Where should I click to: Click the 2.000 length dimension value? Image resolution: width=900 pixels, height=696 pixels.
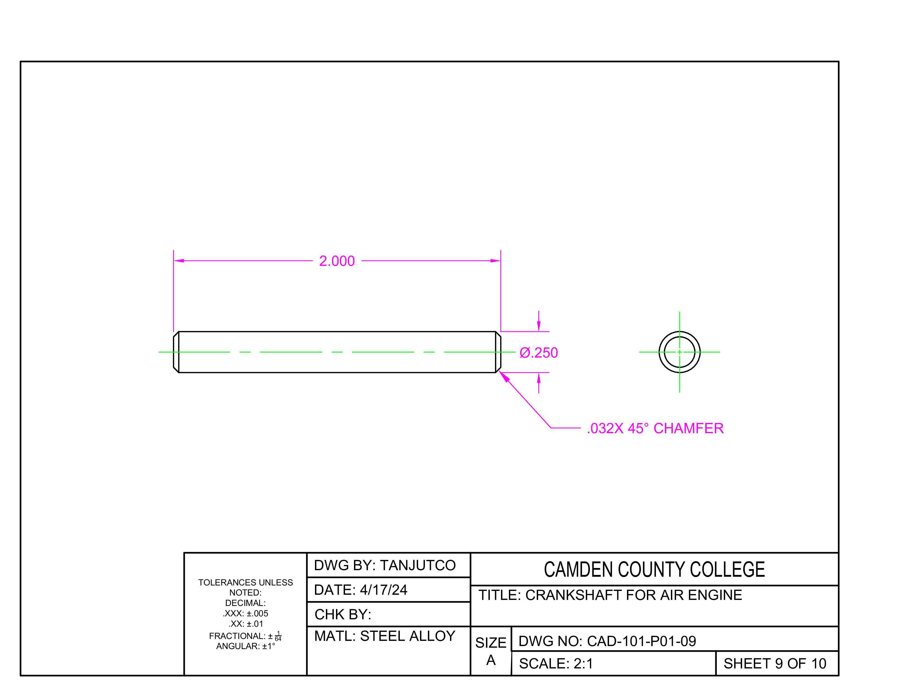coord(337,261)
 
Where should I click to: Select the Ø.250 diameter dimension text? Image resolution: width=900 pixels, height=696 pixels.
coord(539,353)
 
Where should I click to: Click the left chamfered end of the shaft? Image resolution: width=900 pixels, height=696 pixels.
coord(176,352)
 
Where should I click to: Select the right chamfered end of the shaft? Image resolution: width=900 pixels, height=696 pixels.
coord(498,352)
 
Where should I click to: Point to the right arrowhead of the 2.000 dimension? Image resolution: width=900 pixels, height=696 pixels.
coord(495,261)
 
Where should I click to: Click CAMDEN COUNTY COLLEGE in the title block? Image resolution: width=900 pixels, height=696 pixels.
coord(654,569)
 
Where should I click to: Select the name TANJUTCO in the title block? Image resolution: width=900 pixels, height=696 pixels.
coord(418,565)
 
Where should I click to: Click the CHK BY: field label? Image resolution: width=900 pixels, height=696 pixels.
coord(343,614)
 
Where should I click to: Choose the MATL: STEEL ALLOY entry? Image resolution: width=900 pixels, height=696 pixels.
coord(385,636)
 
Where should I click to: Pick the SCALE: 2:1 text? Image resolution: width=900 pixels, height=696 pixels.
coord(556,664)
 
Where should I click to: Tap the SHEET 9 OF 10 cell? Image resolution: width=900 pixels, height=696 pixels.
coord(775,664)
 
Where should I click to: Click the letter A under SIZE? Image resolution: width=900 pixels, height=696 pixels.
coord(491,661)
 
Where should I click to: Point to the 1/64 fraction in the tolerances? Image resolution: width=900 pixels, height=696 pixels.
coord(278,636)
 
